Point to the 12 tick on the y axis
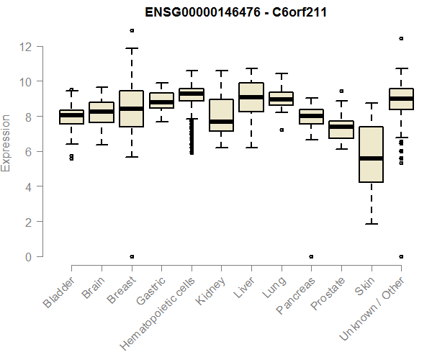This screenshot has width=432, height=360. tap(26, 47)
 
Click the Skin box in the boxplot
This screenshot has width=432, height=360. tap(371, 154)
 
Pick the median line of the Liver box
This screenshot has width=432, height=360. tap(251, 97)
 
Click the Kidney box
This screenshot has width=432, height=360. tap(221, 115)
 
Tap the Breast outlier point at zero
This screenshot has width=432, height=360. tap(131, 256)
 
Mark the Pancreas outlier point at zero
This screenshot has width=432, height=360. tap(311, 256)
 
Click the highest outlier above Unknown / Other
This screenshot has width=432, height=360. tap(401, 38)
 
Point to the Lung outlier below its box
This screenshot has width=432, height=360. tap(281, 130)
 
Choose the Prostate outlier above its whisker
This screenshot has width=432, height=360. tap(341, 91)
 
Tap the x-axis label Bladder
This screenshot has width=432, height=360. tap(58, 292)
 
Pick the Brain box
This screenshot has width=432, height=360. tap(101, 112)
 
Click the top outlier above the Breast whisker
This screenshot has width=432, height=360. tap(131, 30)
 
